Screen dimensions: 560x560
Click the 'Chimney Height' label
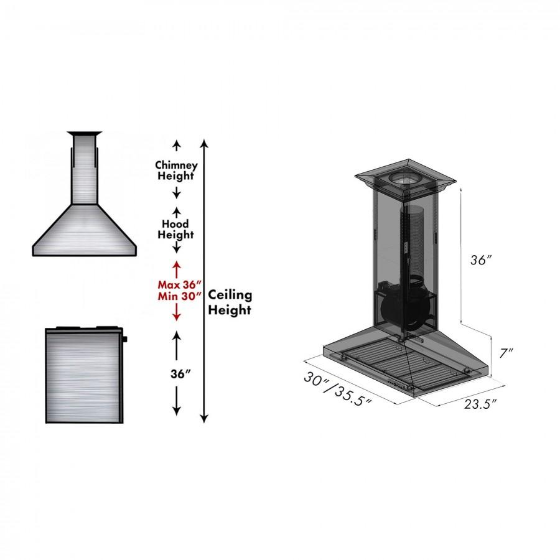(x=177, y=170)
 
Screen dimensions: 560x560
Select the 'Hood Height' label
(x=176, y=229)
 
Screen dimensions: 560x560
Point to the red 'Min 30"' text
(x=177, y=296)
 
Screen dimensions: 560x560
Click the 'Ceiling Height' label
(x=230, y=302)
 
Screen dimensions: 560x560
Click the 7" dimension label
(x=506, y=353)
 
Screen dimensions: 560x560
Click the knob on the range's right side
(x=125, y=340)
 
